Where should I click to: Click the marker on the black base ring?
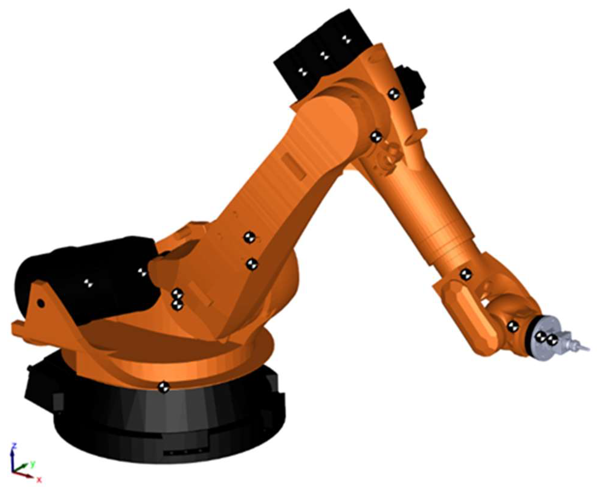[x=163, y=386]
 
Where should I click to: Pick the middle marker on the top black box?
[x=324, y=55]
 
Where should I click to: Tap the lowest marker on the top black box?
[x=302, y=72]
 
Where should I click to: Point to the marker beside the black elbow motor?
[x=393, y=94]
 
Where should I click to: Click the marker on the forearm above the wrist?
[x=465, y=274]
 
